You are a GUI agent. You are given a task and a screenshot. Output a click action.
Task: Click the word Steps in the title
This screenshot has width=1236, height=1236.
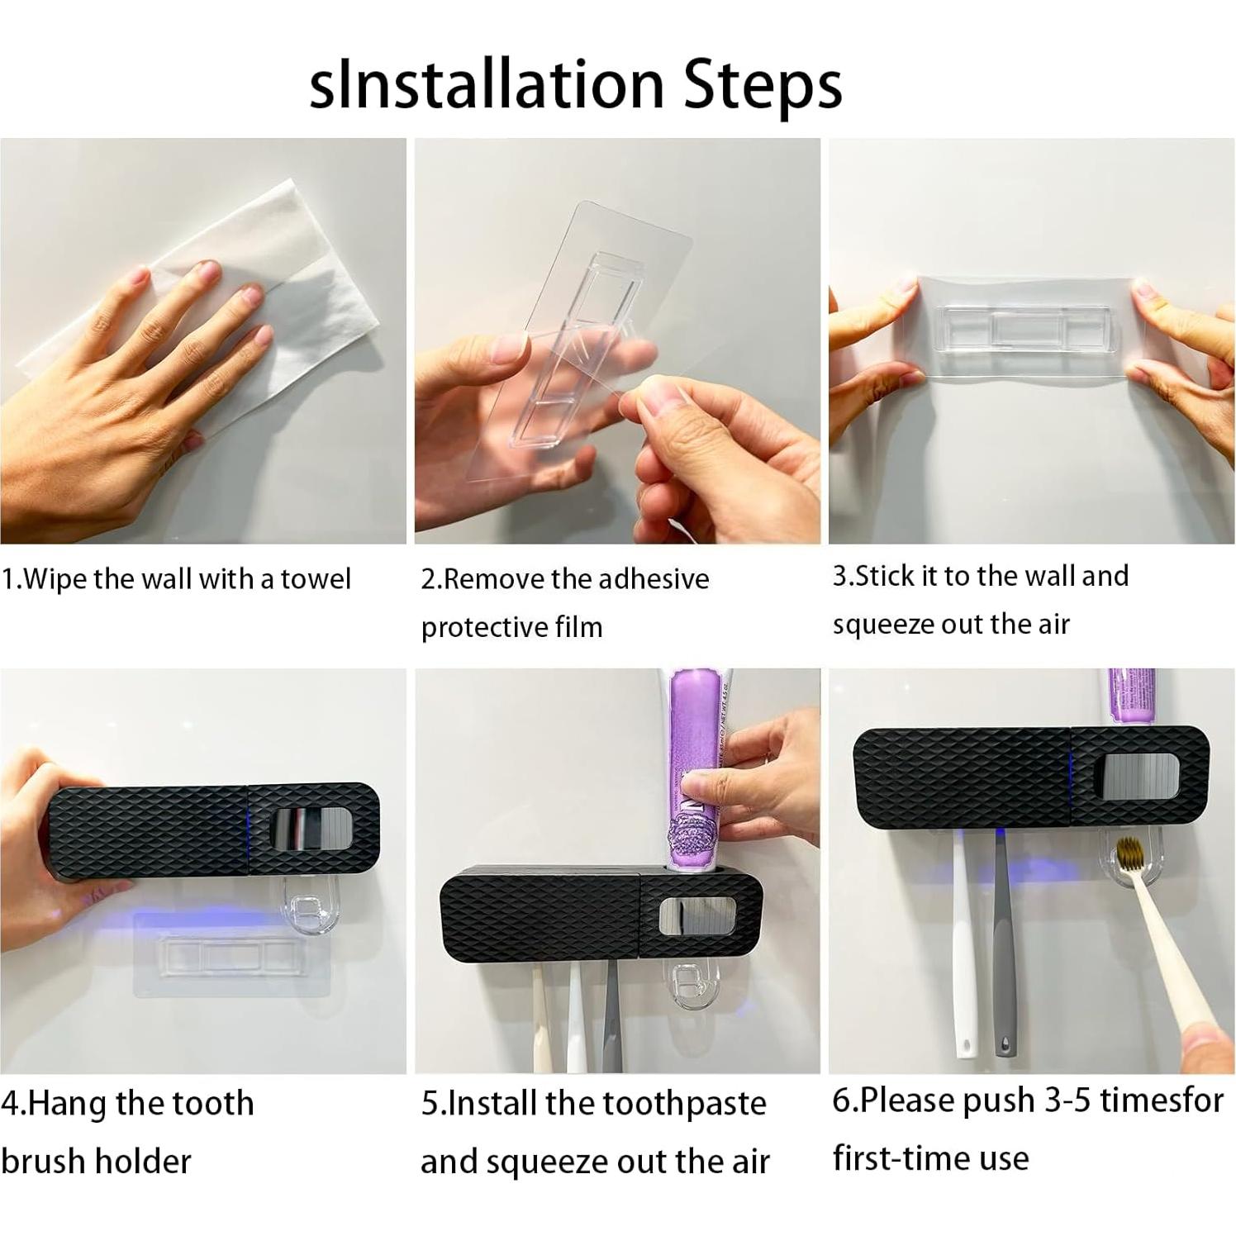763,85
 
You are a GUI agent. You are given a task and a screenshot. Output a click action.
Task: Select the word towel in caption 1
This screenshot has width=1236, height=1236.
316,579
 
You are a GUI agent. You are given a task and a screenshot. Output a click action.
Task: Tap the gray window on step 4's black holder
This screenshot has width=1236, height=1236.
311,829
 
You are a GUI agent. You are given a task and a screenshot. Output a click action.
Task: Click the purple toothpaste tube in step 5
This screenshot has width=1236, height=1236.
696,768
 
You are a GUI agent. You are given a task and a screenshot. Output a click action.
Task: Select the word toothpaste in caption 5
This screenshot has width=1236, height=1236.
684,1104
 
